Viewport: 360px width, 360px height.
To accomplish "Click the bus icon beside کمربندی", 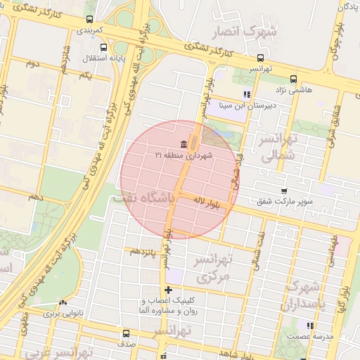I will (89, 20).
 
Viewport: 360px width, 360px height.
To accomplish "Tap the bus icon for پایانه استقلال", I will (104, 48).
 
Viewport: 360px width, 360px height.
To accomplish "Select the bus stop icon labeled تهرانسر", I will (261, 58).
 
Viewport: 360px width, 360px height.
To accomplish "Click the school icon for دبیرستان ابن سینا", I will (246, 94).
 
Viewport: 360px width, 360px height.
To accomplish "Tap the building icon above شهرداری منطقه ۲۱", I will (184, 145).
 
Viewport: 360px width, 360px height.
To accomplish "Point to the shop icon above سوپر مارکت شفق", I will (283, 191).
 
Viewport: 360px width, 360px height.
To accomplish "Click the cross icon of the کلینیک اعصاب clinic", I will (167, 290).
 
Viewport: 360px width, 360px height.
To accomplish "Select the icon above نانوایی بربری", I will (64, 302).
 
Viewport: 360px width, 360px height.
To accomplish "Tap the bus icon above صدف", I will (127, 333).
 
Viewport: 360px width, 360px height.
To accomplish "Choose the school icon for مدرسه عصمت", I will (309, 325).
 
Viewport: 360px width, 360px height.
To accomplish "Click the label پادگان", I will (347, 7).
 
